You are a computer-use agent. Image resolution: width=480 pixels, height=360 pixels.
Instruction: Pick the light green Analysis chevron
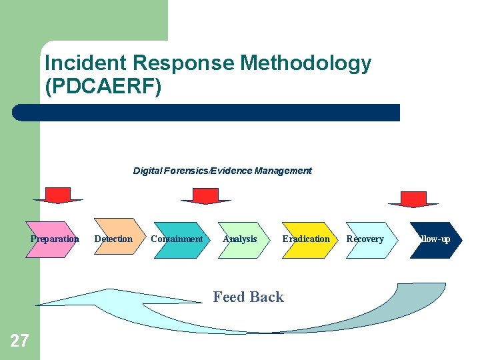coord(241,239)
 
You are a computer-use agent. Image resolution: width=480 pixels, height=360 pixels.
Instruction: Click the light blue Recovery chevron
coord(367,239)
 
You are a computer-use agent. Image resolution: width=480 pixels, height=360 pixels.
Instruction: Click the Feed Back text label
coord(248,297)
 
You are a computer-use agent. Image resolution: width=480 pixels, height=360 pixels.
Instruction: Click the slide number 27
coord(19,341)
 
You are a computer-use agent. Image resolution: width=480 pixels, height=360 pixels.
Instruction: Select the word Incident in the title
coord(86,64)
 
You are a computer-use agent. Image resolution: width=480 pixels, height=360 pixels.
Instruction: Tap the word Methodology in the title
coord(305,64)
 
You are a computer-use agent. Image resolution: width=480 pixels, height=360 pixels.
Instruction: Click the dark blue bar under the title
coord(207,113)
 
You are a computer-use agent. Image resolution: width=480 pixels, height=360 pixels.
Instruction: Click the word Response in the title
coord(184,64)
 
